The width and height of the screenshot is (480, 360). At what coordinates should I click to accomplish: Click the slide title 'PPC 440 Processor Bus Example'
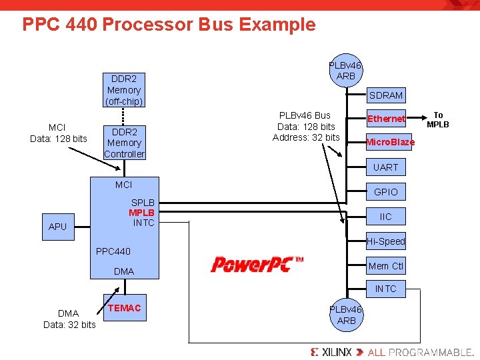point(169,25)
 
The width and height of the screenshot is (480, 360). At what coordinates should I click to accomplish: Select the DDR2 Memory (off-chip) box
point(124,90)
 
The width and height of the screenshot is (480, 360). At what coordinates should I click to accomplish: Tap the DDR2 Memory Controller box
point(124,143)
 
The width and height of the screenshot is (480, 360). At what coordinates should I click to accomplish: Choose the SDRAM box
point(386,95)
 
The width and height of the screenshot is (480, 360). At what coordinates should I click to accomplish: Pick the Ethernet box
point(386,119)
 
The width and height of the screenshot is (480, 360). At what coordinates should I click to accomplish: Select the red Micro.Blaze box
point(389,142)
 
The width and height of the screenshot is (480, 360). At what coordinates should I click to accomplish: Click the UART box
point(385,167)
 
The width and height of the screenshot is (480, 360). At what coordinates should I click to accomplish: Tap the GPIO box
point(385,192)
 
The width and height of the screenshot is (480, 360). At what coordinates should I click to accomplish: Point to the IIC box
point(385,217)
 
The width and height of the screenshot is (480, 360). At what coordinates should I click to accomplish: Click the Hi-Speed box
point(385,241)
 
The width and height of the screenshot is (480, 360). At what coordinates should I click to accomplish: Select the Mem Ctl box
point(385,266)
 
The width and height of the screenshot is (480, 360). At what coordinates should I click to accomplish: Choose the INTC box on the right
point(385,289)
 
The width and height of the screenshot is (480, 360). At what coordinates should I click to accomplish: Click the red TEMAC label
point(125,308)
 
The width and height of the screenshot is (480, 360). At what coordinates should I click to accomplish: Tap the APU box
point(58,227)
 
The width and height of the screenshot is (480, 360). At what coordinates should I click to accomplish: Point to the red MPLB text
point(142,213)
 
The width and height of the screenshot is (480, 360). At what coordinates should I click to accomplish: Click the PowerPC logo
point(257,265)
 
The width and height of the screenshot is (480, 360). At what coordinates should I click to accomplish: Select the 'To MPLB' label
point(438,120)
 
